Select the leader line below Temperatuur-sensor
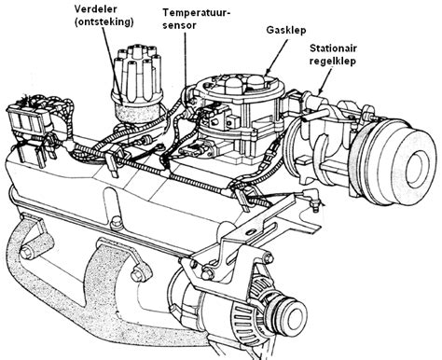pyautogui.click(x=187, y=61)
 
